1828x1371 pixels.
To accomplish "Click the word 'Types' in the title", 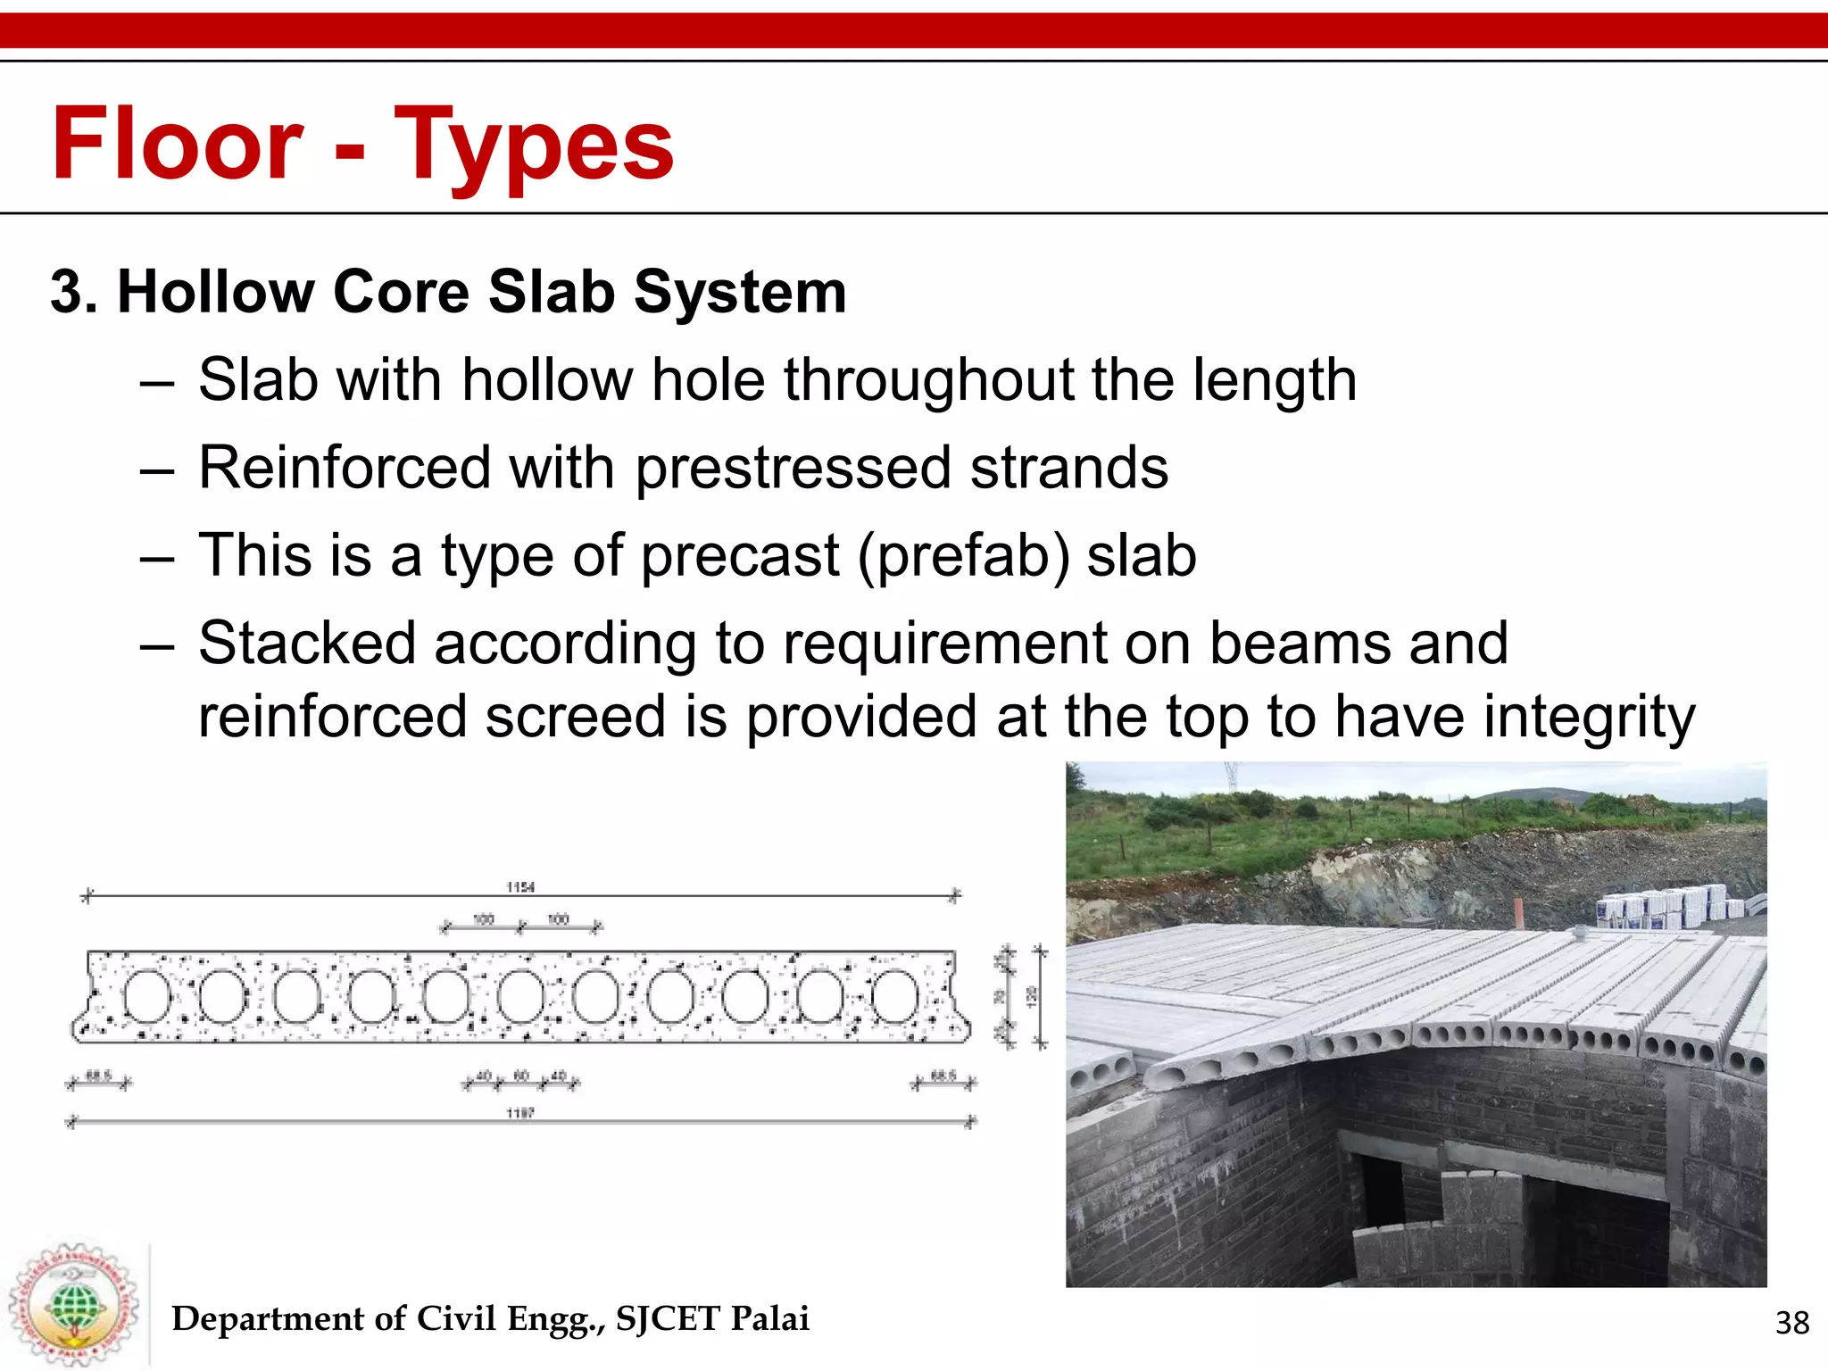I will pyautogui.click(x=533, y=145).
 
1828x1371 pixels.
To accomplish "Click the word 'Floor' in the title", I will pyautogui.click(x=178, y=144).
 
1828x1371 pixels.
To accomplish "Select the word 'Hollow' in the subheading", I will pyautogui.click(x=218, y=292).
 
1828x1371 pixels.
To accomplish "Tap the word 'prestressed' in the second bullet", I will pyautogui.click(x=793, y=468).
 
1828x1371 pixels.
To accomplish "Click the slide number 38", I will pyautogui.click(x=1791, y=1322).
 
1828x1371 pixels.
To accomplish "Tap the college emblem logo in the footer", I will pyautogui.click(x=73, y=1304).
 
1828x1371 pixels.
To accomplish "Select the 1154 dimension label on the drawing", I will pyautogui.click(x=519, y=886).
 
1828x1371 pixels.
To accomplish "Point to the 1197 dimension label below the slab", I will pyautogui.click(x=519, y=1113).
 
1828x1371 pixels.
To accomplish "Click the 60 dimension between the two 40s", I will pyautogui.click(x=520, y=1076).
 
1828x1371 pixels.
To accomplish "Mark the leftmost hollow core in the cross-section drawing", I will pyautogui.click(x=147, y=997).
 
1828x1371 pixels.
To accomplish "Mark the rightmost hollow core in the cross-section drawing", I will pyautogui.click(x=894, y=997).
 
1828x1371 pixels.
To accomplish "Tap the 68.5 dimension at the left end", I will pyautogui.click(x=98, y=1076).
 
